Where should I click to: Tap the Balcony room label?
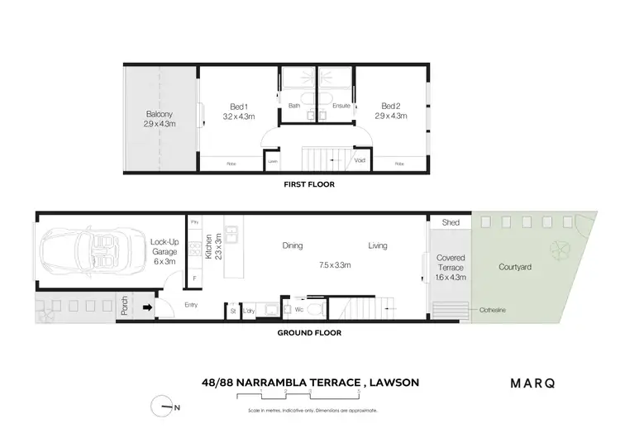[x=160, y=119]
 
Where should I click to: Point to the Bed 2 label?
[x=392, y=111]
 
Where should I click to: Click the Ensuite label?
[x=341, y=106]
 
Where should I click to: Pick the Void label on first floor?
[x=360, y=160]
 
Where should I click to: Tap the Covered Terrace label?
[x=451, y=267]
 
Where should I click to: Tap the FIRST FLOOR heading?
[x=309, y=184]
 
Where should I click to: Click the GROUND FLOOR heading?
[x=309, y=332]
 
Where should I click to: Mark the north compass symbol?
[x=165, y=407]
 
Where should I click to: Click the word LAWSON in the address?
[x=391, y=383]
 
